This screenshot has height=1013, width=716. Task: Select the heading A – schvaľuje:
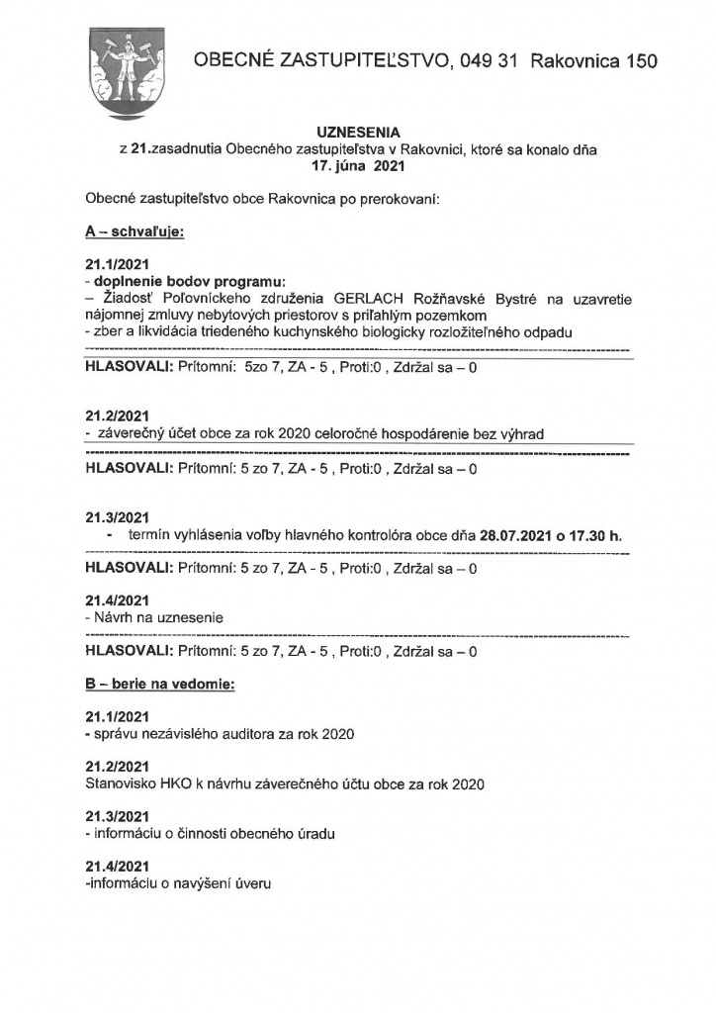135,233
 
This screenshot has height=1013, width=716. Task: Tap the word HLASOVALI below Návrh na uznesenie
129,651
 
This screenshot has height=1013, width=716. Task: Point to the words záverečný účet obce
159,433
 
